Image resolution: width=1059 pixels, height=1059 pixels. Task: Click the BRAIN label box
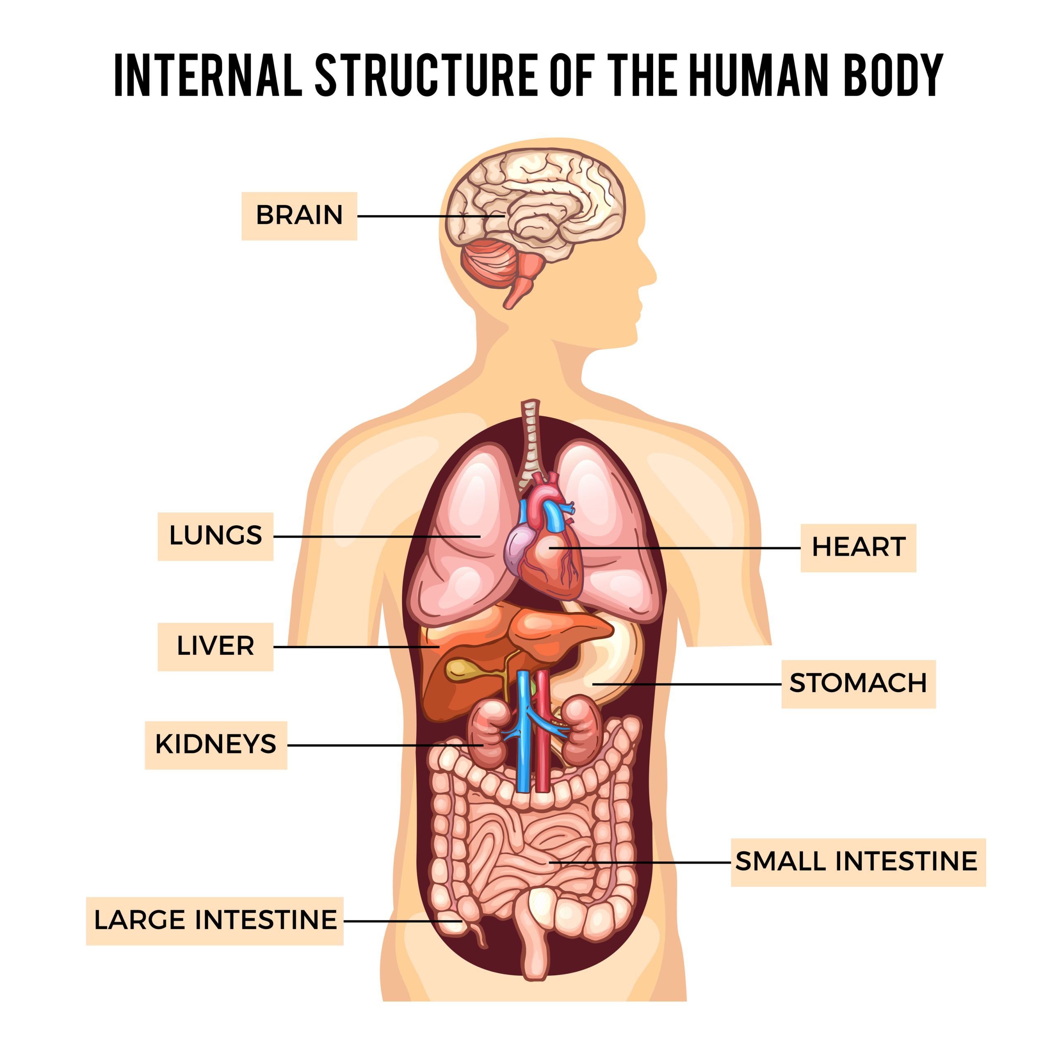click(299, 216)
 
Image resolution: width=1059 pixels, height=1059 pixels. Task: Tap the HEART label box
click(858, 547)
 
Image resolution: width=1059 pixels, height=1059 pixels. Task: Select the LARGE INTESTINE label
click(214, 920)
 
